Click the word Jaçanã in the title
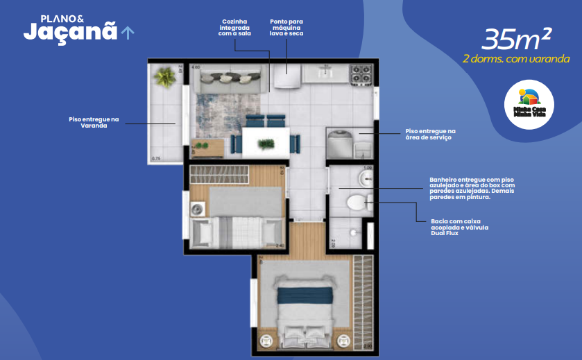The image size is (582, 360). pos(69,31)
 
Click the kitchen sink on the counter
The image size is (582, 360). pos(325,71)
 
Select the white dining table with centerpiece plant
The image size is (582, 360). pos(266,141)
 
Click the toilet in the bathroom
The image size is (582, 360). pos(357,203)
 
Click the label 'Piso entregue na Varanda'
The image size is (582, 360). pos(94,123)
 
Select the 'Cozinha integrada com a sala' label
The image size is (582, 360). pos(234,27)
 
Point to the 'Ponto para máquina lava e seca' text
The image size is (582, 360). pos(286,27)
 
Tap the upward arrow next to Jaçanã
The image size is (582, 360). pos(128,32)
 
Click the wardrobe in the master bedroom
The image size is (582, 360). pos(362,302)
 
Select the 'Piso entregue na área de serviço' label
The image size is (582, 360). pos(430,134)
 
